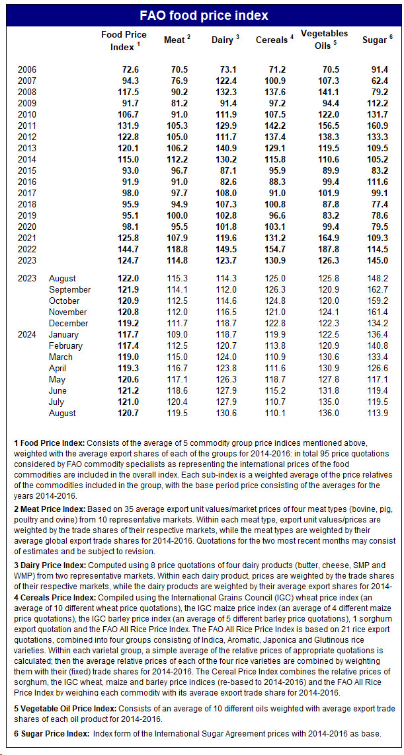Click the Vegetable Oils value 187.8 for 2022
(x=325, y=250)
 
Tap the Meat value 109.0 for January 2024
(x=175, y=334)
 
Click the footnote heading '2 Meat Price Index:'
(x=49, y=509)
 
